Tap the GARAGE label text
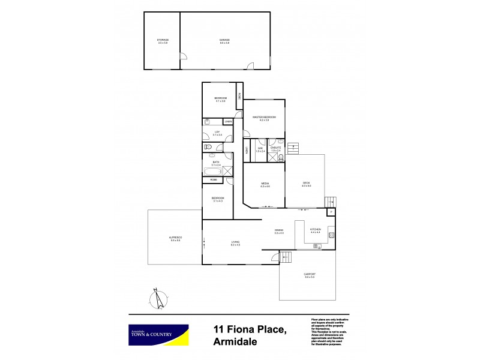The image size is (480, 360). point(225,41)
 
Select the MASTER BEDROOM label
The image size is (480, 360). point(264,118)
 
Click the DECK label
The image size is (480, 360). point(305,184)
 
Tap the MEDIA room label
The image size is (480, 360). point(265,184)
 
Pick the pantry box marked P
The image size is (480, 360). point(331,212)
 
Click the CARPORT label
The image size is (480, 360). point(310,275)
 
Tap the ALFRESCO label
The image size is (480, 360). point(175,239)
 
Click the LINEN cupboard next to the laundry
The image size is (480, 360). point(228,122)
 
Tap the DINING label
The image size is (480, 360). point(278,230)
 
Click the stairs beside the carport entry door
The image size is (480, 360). point(287,258)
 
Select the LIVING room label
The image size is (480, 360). point(236,243)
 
